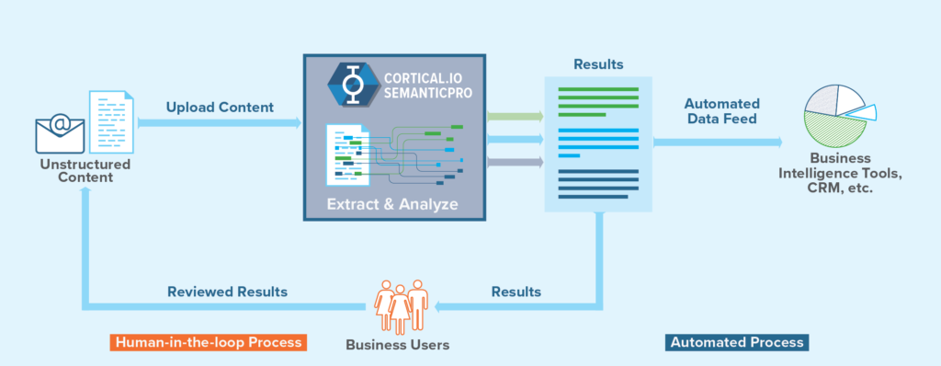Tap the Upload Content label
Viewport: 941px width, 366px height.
pos(220,108)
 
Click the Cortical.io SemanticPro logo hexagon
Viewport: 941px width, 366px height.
pos(348,82)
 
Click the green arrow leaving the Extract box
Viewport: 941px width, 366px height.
pos(514,117)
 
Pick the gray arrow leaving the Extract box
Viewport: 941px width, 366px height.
pos(514,163)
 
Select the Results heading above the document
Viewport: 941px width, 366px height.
pos(598,64)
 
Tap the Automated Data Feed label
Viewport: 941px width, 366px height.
pos(721,111)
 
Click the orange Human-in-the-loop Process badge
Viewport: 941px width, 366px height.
pos(207,342)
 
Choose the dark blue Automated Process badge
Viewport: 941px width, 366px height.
pos(737,342)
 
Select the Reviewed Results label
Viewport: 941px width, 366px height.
pos(227,292)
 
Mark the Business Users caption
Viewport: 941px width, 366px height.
pos(398,346)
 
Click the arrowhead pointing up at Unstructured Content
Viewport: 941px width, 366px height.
pos(85,191)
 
